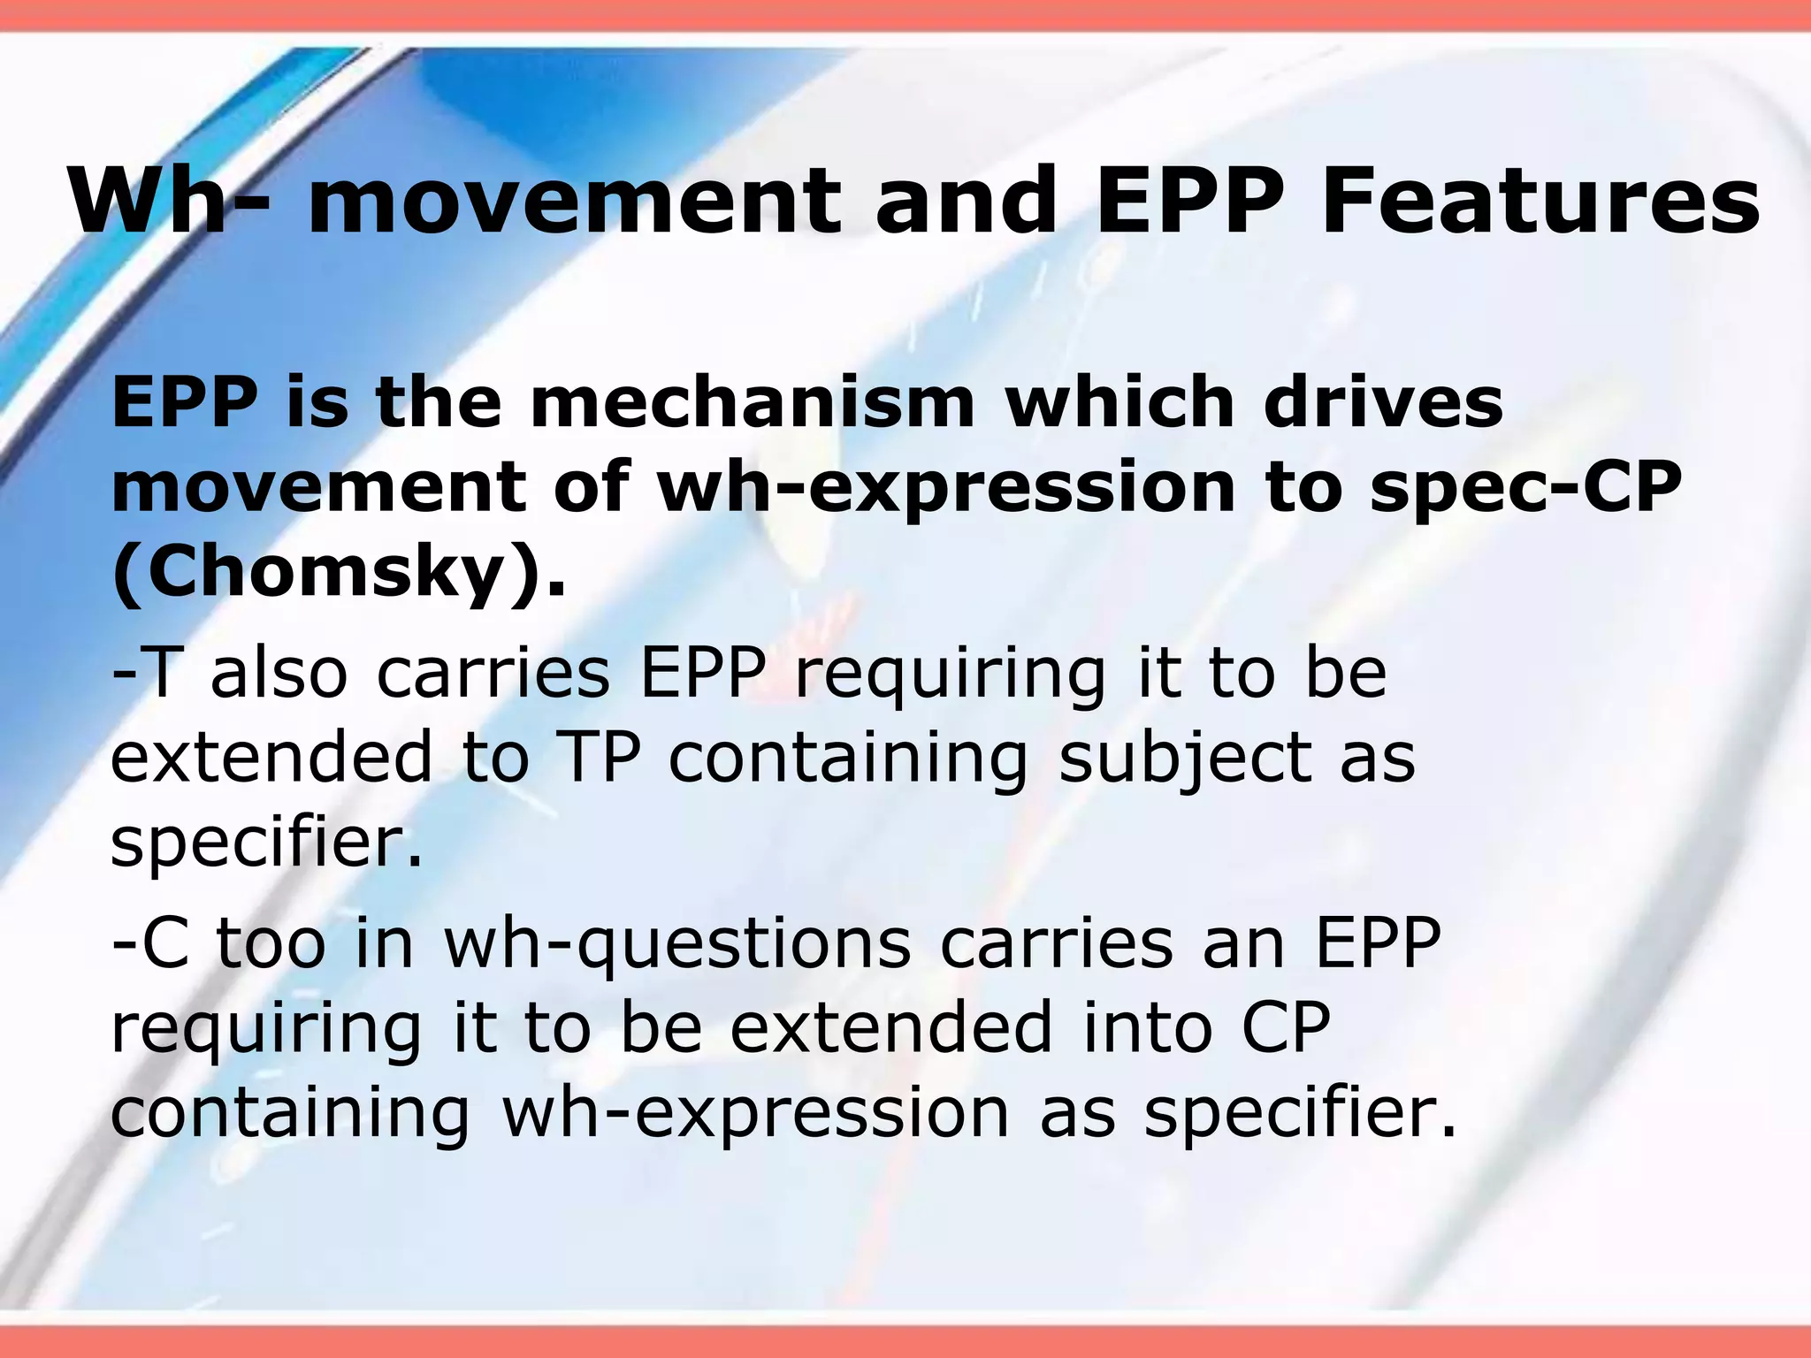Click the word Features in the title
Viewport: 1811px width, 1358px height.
[1540, 202]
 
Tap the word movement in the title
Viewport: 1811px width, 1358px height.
[573, 202]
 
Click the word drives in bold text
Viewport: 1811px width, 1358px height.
[1383, 402]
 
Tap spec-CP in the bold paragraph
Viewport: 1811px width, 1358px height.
[1524, 488]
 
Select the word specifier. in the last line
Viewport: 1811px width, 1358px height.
[1301, 1114]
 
